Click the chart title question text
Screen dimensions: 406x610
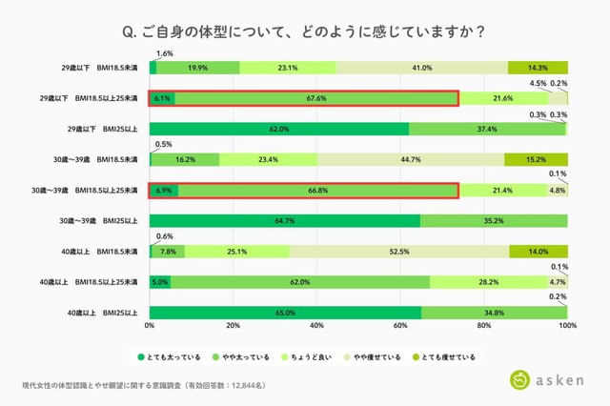click(x=304, y=31)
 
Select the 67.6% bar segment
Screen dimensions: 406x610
click(x=317, y=98)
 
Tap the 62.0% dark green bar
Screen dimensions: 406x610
click(x=279, y=129)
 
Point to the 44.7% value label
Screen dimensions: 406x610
click(x=411, y=160)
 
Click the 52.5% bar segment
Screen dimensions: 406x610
click(x=399, y=252)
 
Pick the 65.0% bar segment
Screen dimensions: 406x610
click(x=285, y=313)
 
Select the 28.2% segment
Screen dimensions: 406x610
click(x=488, y=282)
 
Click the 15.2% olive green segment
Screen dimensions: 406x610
click(x=537, y=160)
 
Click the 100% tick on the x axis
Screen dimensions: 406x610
click(x=567, y=327)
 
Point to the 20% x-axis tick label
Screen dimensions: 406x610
click(x=233, y=327)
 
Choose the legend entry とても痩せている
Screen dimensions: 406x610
click(x=448, y=357)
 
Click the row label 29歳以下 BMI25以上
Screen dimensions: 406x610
click(x=99, y=129)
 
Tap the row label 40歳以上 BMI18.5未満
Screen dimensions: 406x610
click(x=99, y=252)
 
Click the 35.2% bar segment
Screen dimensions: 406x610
click(x=494, y=221)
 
